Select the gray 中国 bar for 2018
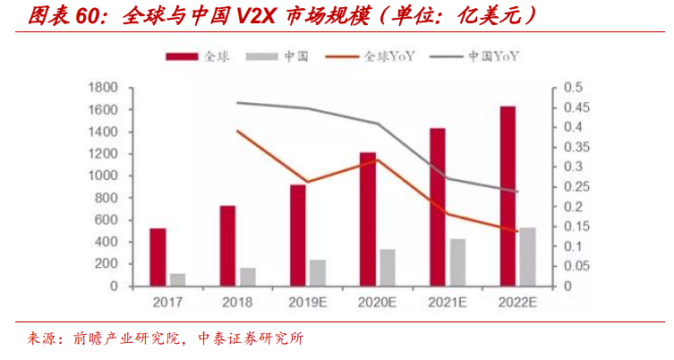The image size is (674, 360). pyautogui.click(x=248, y=277)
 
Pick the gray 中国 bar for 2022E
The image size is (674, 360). pyautogui.click(x=528, y=257)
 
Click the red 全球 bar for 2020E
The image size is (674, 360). pyautogui.click(x=368, y=219)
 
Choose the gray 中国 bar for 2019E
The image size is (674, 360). pyautogui.click(x=318, y=273)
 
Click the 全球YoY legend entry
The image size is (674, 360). pyautogui.click(x=382, y=56)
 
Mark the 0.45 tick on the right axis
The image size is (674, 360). pyautogui.click(x=573, y=107)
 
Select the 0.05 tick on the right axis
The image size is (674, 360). pyautogui.click(x=573, y=267)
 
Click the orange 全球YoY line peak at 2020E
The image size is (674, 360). pyautogui.click(x=377, y=160)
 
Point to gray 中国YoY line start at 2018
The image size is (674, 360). pyautogui.click(x=238, y=103)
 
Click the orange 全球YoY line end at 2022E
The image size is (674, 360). pyautogui.click(x=516, y=231)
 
